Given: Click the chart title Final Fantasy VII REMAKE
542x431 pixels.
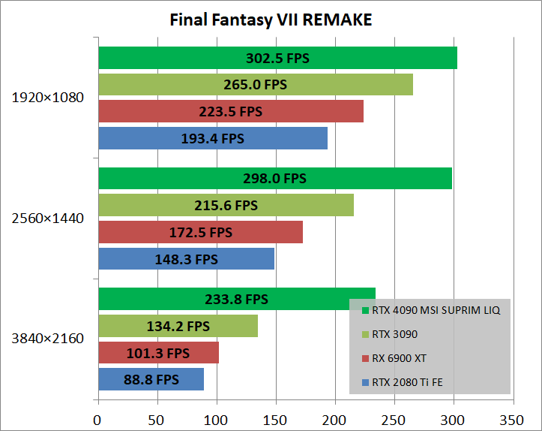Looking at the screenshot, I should [x=271, y=20].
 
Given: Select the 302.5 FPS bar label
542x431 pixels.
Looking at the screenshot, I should [x=277, y=58].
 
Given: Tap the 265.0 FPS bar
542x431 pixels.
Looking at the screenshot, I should [x=255, y=85].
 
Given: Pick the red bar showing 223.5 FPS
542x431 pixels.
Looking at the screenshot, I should [x=231, y=111].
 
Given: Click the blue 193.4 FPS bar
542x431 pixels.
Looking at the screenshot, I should [x=213, y=138].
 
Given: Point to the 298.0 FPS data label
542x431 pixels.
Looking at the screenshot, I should [x=274, y=178].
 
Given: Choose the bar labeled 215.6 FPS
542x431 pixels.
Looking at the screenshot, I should [x=226, y=205].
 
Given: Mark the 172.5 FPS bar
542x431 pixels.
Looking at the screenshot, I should [x=200, y=232].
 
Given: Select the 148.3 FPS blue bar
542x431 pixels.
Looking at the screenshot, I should [x=186, y=259].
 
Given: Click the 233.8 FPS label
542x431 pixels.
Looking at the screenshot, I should [x=236, y=299].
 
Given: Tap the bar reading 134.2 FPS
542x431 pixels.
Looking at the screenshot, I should [x=178, y=326].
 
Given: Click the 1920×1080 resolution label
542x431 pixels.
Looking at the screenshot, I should [x=48, y=98].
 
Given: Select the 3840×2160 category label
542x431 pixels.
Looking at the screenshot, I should [x=48, y=339].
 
